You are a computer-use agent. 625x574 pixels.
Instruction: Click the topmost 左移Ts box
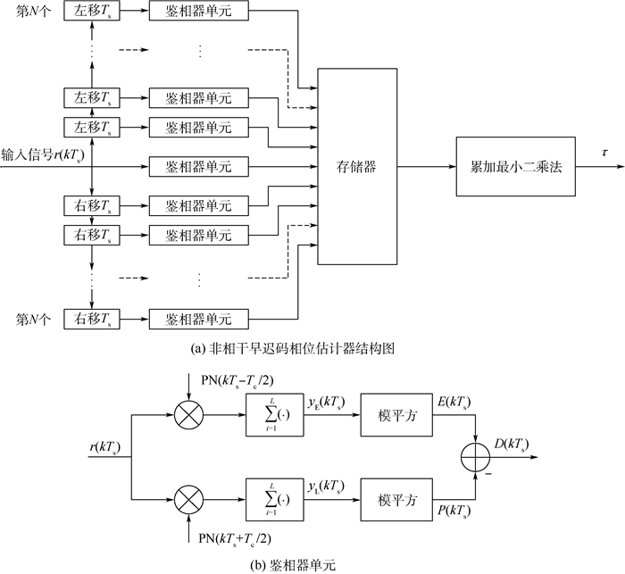click(x=93, y=12)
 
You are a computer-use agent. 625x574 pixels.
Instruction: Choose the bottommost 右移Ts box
click(x=93, y=318)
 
